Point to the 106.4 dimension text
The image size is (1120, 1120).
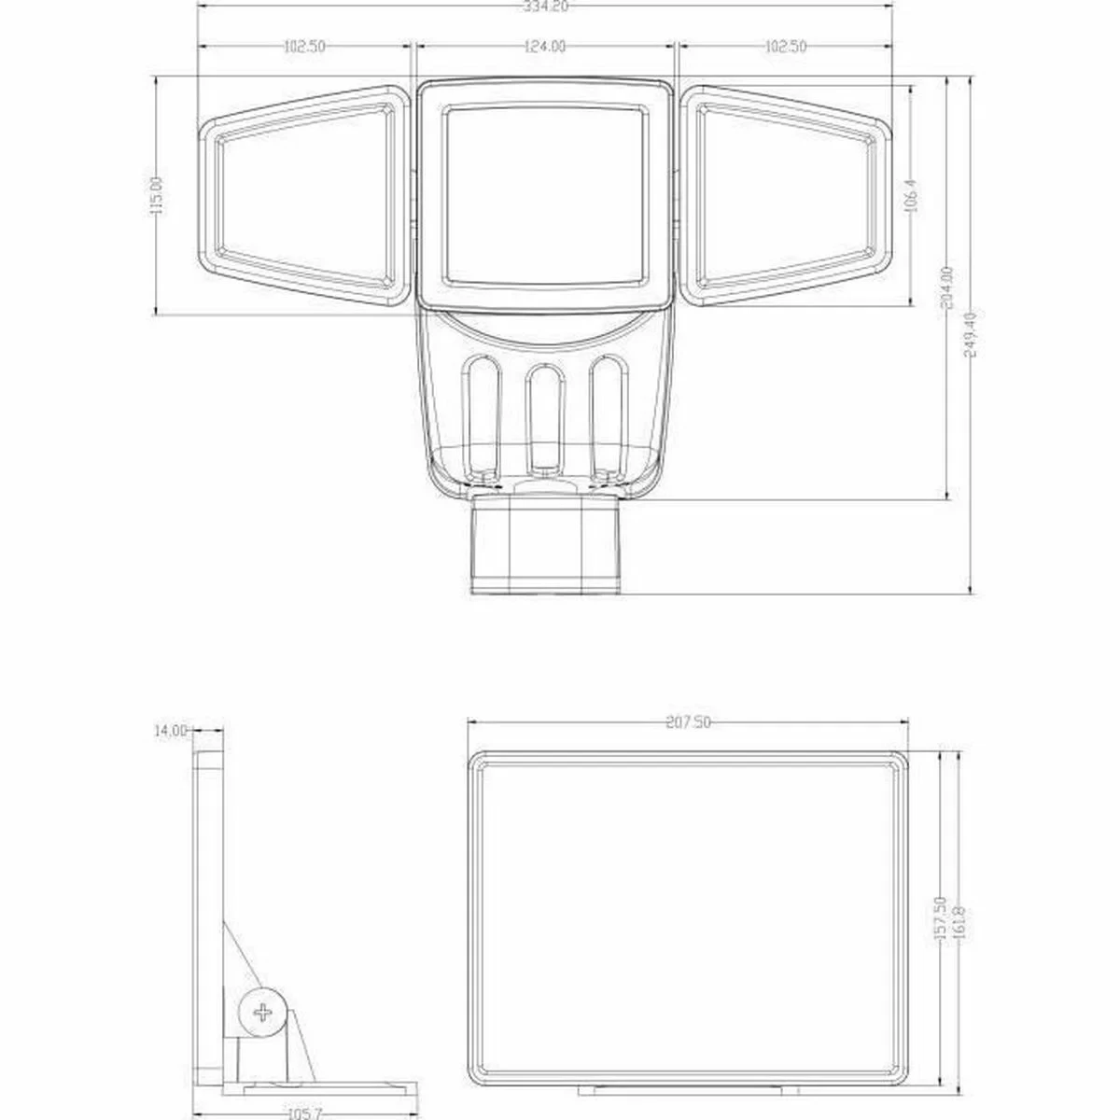[x=913, y=195]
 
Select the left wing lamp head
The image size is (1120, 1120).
[x=303, y=195]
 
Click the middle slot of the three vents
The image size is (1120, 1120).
[x=545, y=416]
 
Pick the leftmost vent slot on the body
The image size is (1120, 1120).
[x=483, y=416]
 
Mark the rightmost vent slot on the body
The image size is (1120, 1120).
[x=607, y=416]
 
